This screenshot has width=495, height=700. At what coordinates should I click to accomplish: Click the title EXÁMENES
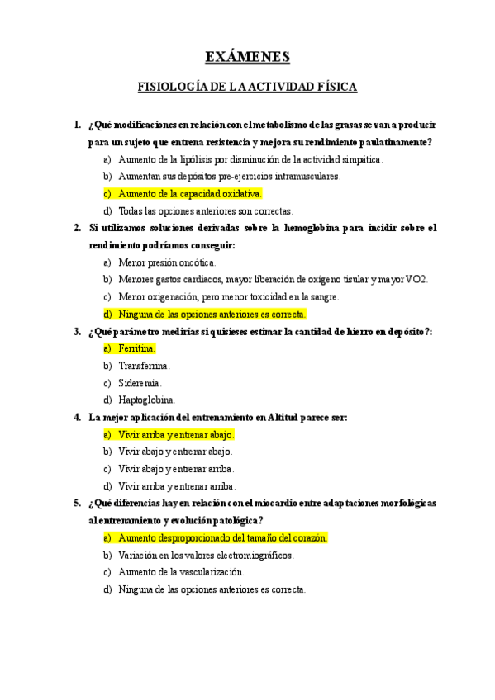[247, 57]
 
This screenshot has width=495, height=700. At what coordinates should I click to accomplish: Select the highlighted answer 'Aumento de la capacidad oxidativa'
[189, 193]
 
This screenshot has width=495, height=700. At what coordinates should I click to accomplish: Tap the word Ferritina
[137, 348]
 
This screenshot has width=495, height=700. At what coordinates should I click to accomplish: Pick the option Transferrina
[145, 366]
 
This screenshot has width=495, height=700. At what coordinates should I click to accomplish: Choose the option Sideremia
[140, 383]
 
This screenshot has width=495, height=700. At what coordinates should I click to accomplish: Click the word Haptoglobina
[147, 400]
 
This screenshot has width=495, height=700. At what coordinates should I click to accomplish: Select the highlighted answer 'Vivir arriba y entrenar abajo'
[176, 434]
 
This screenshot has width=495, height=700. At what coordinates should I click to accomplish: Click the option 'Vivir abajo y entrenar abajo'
[176, 452]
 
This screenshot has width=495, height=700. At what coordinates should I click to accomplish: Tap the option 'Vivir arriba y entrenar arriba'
[177, 486]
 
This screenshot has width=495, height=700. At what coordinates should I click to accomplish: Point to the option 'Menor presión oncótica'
[167, 262]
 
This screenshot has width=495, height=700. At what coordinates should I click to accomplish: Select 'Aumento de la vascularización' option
[181, 572]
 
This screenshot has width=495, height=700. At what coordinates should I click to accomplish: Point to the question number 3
[77, 331]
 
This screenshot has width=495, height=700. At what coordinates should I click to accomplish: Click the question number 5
[77, 504]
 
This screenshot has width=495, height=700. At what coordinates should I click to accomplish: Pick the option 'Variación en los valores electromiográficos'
[206, 555]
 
